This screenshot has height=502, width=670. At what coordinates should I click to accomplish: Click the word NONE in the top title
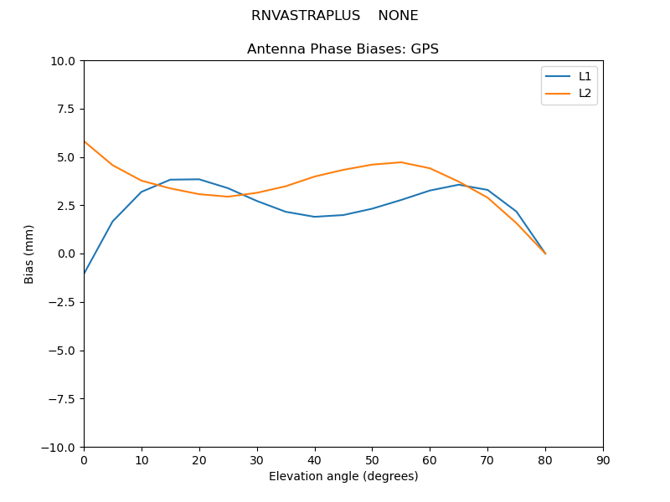pos(398,16)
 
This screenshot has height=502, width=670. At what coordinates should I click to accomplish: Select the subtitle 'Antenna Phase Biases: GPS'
pos(343,49)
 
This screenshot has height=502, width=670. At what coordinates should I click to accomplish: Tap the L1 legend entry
pos(585,76)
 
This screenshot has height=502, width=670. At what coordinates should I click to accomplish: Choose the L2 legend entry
pos(585,93)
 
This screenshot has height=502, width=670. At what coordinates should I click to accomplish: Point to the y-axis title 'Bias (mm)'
pos(29,254)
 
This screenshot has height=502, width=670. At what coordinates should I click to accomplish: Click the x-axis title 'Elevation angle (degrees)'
pos(343,476)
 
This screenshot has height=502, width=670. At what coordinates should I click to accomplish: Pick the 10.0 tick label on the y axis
pos(64,61)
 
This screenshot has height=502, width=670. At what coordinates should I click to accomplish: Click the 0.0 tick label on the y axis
pos(67,254)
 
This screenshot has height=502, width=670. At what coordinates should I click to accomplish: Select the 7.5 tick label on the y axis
pos(67,109)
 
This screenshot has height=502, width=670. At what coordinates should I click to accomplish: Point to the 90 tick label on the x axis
pos(603,460)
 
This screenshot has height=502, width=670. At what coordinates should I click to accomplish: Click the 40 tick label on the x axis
pos(315,460)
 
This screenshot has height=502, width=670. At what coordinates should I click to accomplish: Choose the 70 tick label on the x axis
pos(487,460)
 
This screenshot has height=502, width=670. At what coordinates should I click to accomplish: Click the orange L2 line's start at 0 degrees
pos(84,141)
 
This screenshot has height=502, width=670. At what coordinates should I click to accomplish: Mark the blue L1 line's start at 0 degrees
pos(84,274)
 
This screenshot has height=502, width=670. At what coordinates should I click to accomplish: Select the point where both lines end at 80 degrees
pos(545,254)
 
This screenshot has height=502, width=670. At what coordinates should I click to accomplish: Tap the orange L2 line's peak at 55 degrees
pos(401,162)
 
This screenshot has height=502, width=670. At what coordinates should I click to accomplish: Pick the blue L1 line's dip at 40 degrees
pos(315,217)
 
